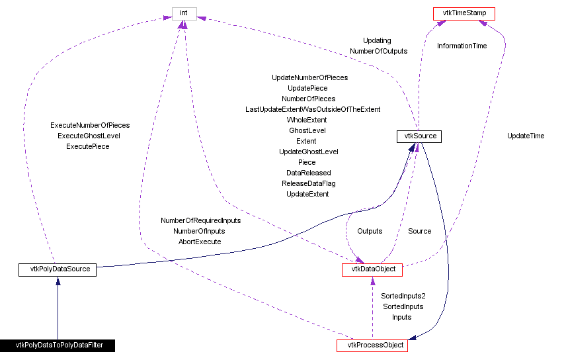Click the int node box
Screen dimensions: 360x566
[x=184, y=13]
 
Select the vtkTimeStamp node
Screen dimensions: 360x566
[x=464, y=13]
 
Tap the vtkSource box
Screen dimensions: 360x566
[x=418, y=137]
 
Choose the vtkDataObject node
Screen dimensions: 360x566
[x=372, y=270]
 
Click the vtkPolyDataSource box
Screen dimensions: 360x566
[x=58, y=269]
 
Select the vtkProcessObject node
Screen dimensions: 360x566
[x=372, y=345]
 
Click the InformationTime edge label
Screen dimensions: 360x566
[x=462, y=46]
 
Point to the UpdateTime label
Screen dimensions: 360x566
[x=526, y=136]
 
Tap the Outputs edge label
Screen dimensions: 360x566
[x=370, y=231]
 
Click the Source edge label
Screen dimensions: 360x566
[x=419, y=231]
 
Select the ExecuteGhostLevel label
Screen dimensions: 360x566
[x=89, y=136]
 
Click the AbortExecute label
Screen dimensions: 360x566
[x=200, y=242]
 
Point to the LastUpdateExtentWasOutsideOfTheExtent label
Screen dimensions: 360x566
[x=313, y=109]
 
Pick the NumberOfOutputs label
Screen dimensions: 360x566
[x=378, y=51]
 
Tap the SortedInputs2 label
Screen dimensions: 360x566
[x=403, y=296]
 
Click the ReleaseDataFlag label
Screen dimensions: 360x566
[x=309, y=183]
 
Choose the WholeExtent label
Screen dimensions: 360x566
[x=307, y=120]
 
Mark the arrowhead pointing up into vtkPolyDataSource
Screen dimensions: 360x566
[x=58, y=281]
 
